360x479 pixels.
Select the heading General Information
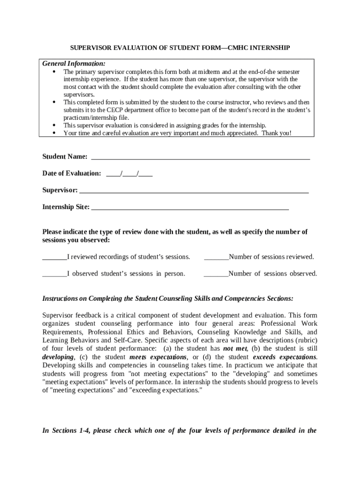[x=74, y=63]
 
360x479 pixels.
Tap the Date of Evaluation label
[x=72, y=173]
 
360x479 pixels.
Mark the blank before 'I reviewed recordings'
[x=55, y=257]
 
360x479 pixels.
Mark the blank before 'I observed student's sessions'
[x=55, y=274]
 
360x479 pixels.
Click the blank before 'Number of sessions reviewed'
[x=216, y=257]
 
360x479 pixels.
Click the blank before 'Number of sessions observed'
[x=216, y=274]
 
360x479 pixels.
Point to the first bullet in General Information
[x=54, y=72]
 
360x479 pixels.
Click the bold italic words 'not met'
[x=235, y=348]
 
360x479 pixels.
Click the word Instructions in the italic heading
[x=60, y=298]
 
